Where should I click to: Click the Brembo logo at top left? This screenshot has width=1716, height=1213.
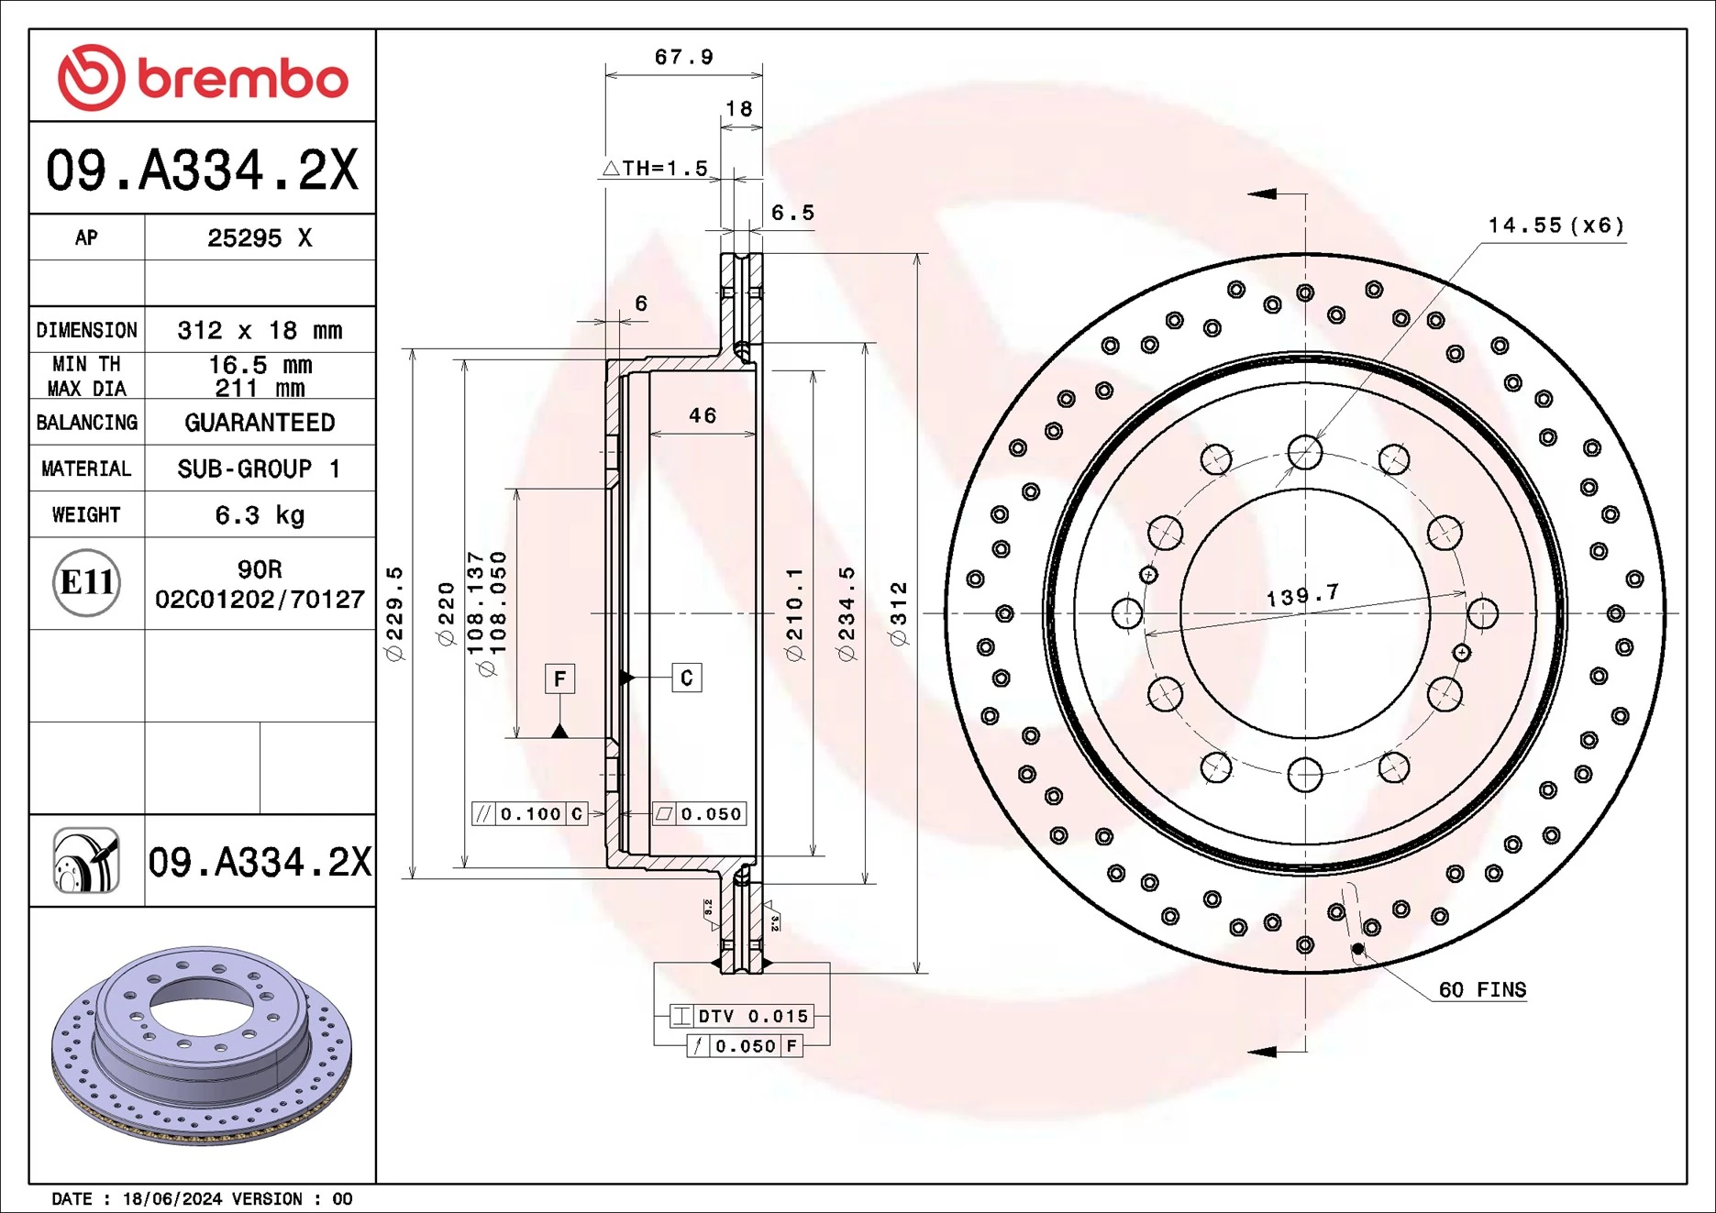[203, 77]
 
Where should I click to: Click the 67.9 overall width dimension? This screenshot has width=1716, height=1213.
[683, 57]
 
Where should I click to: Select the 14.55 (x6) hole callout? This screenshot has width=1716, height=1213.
[1555, 226]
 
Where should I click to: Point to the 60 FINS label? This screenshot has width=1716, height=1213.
[1482, 990]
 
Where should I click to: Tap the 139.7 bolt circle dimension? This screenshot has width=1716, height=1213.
[1302, 596]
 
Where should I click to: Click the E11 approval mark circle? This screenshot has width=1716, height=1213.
[86, 582]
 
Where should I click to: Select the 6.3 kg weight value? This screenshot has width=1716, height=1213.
[260, 515]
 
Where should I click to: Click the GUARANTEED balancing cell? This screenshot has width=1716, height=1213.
[260, 423]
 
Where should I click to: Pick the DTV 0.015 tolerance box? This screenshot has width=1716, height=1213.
[741, 1016]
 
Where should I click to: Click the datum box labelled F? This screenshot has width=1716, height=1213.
[559, 678]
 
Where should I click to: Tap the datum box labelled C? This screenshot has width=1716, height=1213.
[686, 678]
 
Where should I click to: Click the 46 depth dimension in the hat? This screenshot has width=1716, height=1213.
[703, 416]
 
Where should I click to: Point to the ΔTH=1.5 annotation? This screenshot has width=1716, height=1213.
[656, 169]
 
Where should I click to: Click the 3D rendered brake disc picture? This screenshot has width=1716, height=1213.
[202, 1045]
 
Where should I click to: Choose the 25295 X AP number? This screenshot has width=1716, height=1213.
[260, 238]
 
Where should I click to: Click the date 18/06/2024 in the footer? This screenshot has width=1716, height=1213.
[172, 1199]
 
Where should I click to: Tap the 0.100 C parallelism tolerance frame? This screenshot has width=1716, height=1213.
[529, 813]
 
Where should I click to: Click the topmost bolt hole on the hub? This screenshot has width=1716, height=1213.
[1304, 452]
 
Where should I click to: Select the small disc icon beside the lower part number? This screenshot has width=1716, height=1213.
[86, 860]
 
